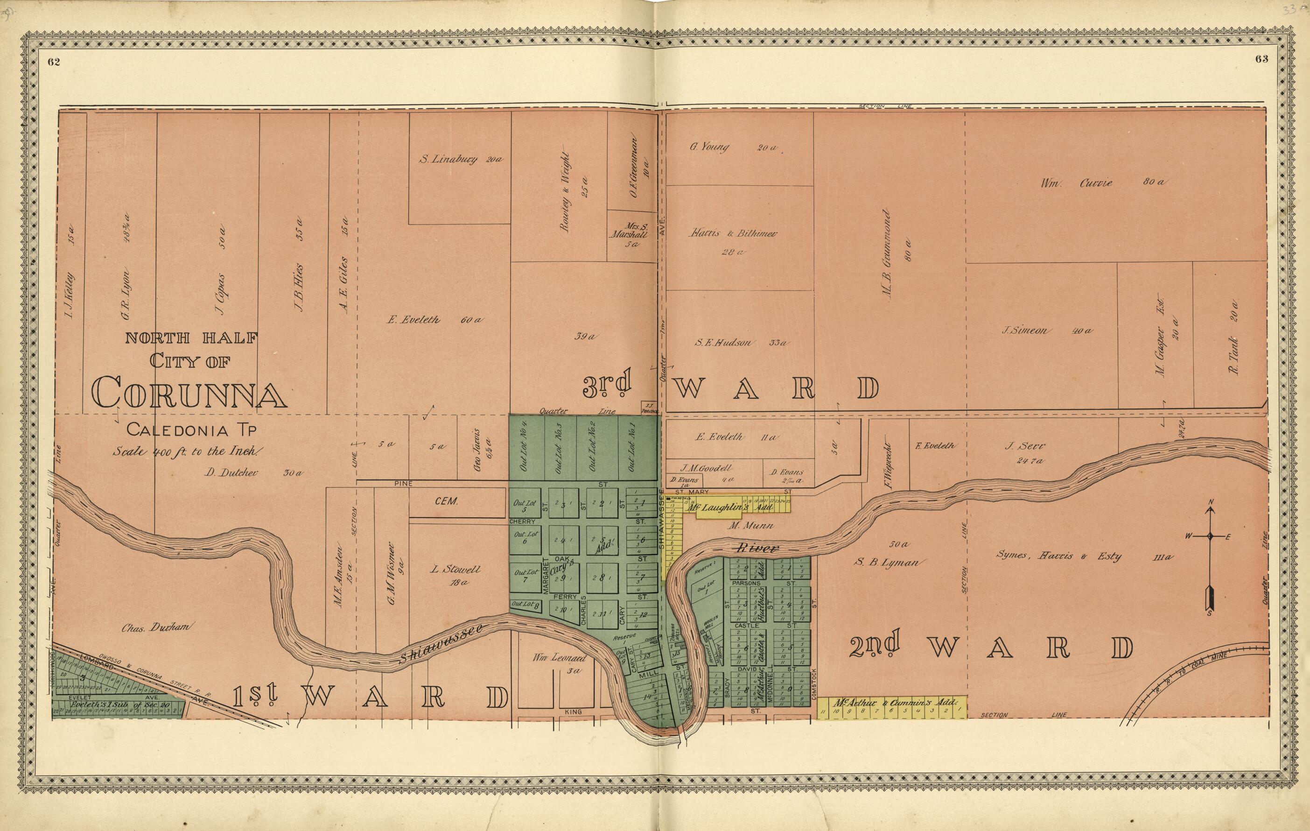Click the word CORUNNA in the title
coord(189,391)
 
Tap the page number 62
coord(53,62)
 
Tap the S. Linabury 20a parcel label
coord(460,160)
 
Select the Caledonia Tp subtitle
coord(191,430)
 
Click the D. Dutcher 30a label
coord(253,473)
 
